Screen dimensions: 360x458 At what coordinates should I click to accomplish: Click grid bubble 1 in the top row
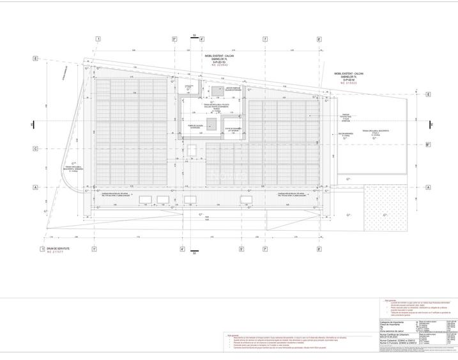[x=98, y=39]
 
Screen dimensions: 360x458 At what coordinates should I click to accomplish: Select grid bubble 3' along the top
[x=174, y=39]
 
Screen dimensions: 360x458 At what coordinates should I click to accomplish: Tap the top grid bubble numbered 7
[x=264, y=39]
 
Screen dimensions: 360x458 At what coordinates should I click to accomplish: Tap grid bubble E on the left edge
[x=36, y=58]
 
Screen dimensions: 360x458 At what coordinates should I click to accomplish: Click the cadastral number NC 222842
[x=213, y=65]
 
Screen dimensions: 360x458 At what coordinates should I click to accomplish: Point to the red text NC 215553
[x=349, y=83]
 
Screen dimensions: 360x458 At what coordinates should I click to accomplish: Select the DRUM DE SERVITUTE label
[x=56, y=248]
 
